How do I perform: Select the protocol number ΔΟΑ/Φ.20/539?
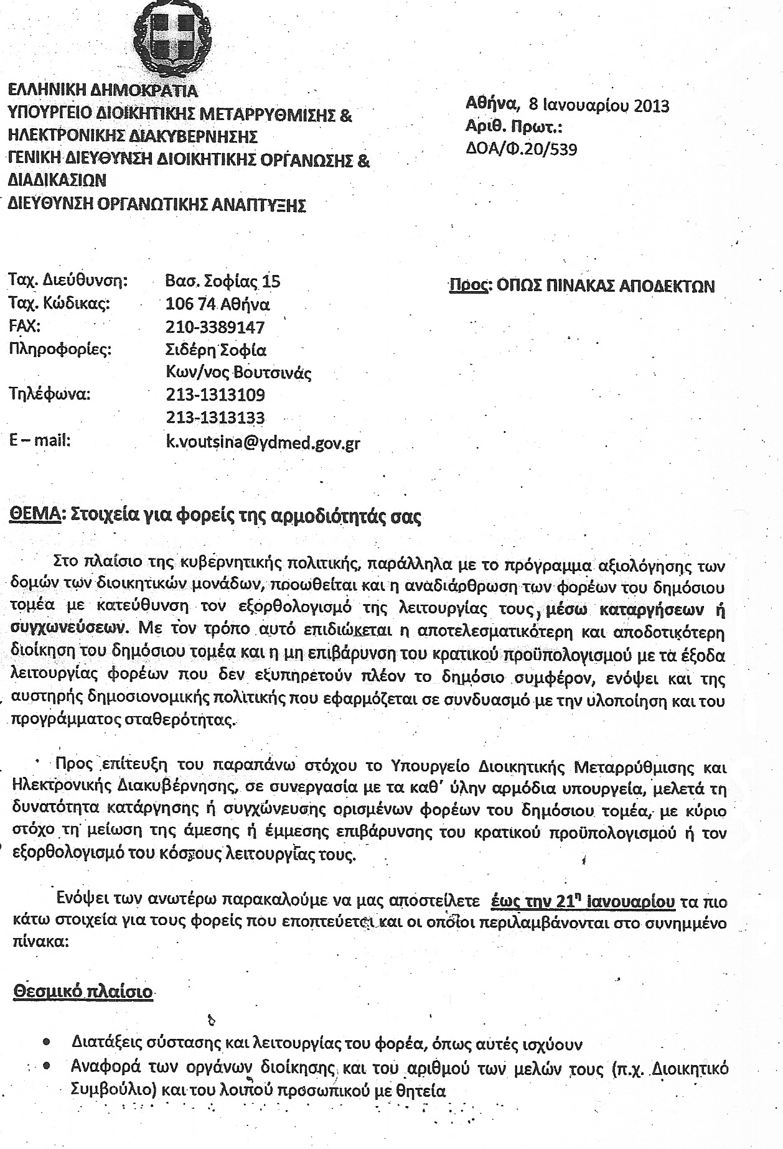pos(521,149)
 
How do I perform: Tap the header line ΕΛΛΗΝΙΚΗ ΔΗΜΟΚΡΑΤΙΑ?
pos(103,91)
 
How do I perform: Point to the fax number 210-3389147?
pos(215,327)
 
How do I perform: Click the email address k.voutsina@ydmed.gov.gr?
pos(263,443)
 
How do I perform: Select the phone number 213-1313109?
pos(215,395)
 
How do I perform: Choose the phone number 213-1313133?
pos(215,417)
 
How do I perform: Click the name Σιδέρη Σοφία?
pos(215,350)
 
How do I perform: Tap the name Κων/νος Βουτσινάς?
pos(238,373)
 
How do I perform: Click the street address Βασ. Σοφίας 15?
pos(223,282)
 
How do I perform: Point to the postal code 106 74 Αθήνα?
pos(217,305)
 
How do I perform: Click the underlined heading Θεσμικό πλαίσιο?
pos(83,990)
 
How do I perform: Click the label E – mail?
pos(40,440)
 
